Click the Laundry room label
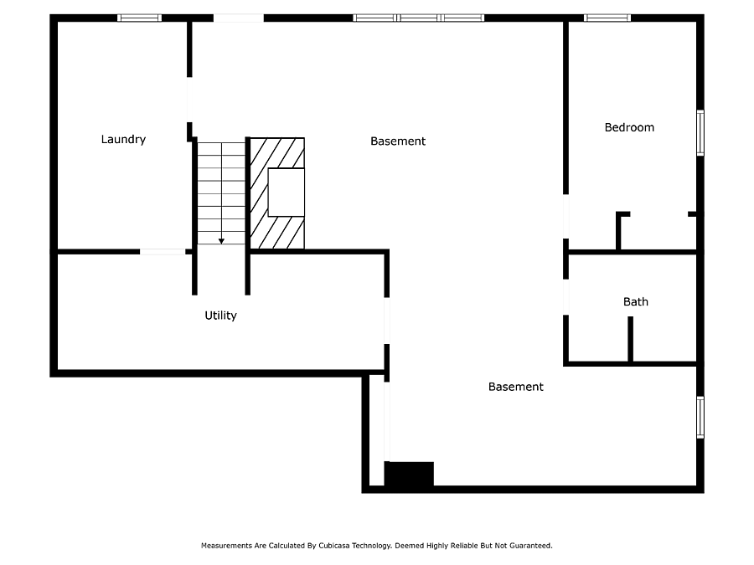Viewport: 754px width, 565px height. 123,139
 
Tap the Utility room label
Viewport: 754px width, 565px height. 220,316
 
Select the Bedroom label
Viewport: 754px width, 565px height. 629,127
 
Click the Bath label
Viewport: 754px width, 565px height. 636,301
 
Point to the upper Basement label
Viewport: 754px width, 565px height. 398,141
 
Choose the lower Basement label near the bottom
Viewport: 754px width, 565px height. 515,387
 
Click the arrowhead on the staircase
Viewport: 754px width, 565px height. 221,241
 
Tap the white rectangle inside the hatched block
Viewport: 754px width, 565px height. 287,193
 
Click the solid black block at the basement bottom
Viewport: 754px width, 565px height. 409,475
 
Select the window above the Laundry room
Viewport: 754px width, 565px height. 139,18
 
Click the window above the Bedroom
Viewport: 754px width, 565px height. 607,18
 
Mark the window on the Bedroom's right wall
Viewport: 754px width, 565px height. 700,133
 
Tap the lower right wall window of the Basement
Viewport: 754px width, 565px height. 700,418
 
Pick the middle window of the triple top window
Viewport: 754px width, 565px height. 418,18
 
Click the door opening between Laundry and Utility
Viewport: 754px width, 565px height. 163,252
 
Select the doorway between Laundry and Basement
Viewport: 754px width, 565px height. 189,100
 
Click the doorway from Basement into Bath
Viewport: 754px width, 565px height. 566,297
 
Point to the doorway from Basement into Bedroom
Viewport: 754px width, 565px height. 566,216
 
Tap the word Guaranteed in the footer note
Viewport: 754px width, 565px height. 530,546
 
